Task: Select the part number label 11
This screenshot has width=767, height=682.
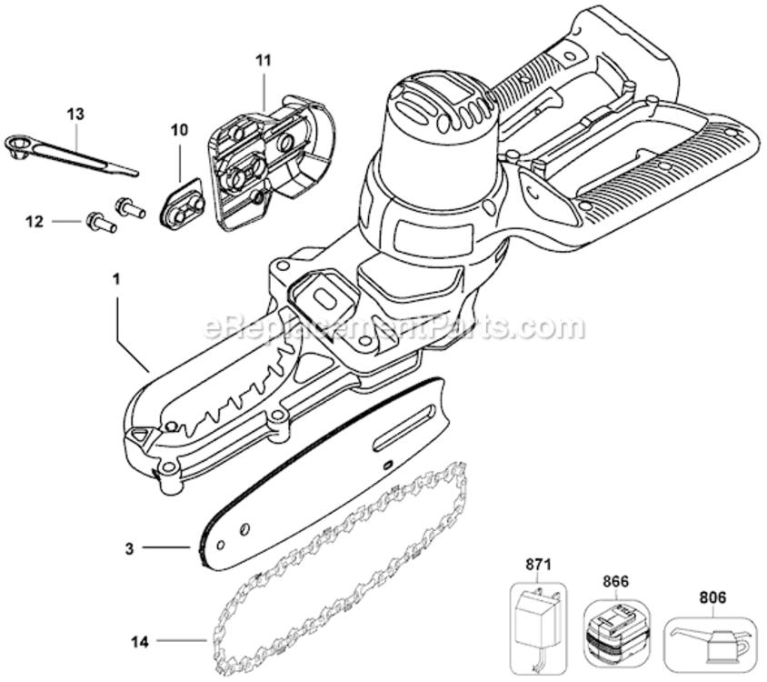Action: pyautogui.click(x=263, y=61)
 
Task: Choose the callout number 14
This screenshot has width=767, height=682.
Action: pyautogui.click(x=139, y=641)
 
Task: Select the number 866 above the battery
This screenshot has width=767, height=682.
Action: pyautogui.click(x=616, y=577)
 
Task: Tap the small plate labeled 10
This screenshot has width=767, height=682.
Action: pyautogui.click(x=184, y=208)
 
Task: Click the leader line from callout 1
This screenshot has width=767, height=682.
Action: pyautogui.click(x=131, y=350)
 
